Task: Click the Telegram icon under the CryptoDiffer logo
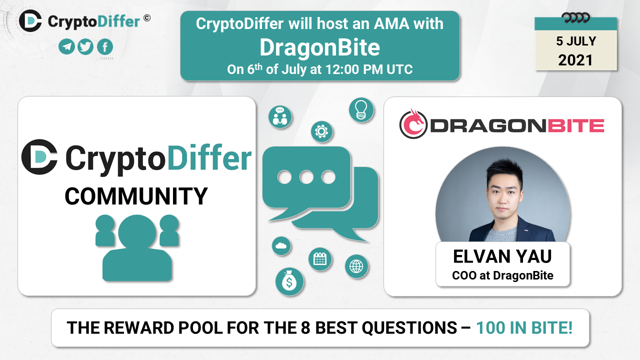tap(66, 46)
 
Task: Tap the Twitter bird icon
tap(85, 46)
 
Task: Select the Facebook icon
tap(105, 46)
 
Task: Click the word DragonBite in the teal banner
tap(319, 47)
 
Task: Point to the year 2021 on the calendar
tap(575, 60)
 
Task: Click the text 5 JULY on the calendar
tap(576, 41)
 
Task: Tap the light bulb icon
tap(361, 110)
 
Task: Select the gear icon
tap(321, 131)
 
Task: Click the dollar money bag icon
tap(289, 281)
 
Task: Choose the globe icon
tap(356, 266)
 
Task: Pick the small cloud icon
tap(281, 245)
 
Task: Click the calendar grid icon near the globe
tap(320, 259)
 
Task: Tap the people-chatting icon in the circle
tap(280, 117)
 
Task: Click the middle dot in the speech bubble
tap(306, 177)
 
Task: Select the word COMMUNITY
tap(136, 196)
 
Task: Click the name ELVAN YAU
tap(502, 256)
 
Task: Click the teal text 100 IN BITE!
tap(524, 327)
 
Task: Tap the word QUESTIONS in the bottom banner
tap(409, 327)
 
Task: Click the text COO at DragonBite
tap(502, 275)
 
